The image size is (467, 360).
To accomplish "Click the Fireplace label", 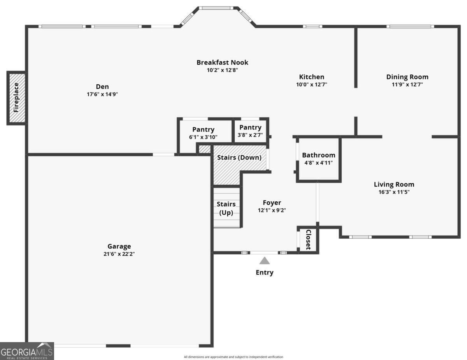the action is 16,98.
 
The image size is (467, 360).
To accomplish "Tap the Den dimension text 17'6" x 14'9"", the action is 102,94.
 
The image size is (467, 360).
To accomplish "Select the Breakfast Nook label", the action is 223,63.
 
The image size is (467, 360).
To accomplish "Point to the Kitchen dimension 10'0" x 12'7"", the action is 312,84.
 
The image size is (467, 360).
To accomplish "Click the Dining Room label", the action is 407,77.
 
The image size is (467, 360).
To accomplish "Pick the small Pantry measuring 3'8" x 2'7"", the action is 250,131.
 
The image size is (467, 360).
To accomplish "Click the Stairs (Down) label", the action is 239,157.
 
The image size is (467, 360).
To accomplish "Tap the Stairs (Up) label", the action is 226,208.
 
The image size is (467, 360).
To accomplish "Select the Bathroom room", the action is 319,159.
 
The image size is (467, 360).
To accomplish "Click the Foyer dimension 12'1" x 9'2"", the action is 272,210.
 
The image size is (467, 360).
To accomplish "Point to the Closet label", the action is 308,239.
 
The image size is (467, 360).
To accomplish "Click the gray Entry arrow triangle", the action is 265,261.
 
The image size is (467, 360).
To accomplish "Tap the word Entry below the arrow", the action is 265,273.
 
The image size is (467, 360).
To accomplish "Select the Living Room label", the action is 394,184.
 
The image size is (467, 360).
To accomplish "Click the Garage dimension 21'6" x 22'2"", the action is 119,254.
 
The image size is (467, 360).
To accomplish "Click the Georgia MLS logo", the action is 27,351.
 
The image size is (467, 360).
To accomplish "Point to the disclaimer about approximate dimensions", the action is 233,357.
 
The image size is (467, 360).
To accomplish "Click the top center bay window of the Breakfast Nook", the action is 216,8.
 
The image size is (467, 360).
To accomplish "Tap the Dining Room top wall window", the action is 410,26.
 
